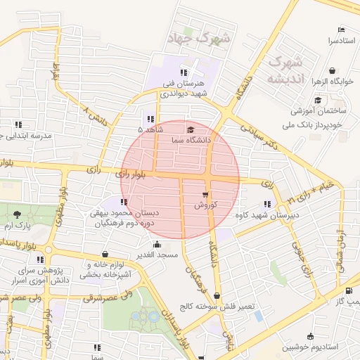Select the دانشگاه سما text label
191,140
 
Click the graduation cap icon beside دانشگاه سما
191,129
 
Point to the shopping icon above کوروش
205,195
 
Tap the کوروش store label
207,205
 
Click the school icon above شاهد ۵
150,119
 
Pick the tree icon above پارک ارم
16,216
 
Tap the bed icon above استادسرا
341,30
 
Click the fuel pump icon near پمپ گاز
349,291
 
